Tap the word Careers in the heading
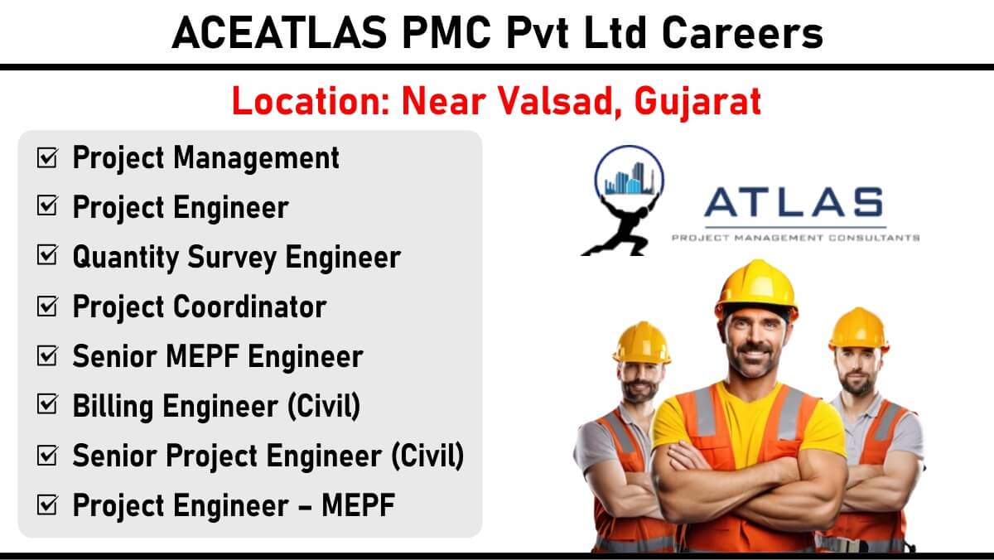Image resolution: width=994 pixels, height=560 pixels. tap(742, 33)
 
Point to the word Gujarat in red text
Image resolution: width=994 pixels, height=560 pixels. tap(698, 103)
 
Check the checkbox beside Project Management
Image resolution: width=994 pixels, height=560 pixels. tap(47, 157)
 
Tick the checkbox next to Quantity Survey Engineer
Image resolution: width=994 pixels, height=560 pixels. tap(47, 255)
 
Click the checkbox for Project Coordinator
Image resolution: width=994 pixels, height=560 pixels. tap(47, 307)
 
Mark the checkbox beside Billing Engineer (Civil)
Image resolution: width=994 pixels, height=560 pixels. tap(47, 404)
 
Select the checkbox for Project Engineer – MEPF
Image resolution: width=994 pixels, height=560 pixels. tap(47, 504)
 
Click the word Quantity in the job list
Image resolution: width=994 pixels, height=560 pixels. tap(126, 258)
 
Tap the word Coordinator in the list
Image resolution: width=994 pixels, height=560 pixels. tap(250, 307)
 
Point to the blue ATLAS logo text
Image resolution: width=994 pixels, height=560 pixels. tap(794, 202)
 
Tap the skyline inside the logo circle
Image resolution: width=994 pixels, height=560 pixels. tap(630, 179)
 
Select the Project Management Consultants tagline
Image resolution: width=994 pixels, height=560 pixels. tap(796, 238)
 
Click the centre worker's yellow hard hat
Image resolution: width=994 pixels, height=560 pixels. tap(757, 288)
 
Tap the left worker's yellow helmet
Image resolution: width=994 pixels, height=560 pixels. tap(641, 343)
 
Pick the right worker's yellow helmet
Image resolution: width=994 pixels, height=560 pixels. tap(859, 328)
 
